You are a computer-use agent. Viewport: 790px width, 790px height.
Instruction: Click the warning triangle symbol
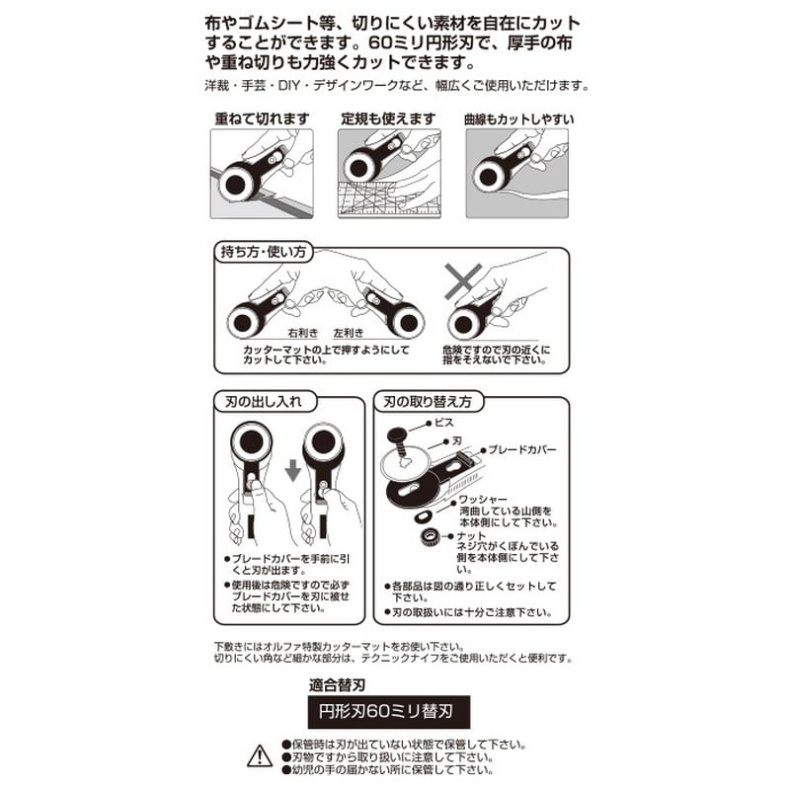260,755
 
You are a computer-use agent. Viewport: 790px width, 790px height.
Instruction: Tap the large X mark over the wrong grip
463,281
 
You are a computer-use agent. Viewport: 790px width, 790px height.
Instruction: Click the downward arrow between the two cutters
292,471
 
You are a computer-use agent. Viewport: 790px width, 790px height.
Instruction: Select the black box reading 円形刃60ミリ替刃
389,711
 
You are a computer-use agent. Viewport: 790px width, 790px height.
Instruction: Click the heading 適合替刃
337,685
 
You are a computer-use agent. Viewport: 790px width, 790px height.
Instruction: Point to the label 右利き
303,333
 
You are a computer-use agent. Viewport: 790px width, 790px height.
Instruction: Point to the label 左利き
349,333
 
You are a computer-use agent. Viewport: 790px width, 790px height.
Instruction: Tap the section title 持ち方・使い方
263,252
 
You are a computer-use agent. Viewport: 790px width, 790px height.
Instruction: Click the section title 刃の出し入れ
263,402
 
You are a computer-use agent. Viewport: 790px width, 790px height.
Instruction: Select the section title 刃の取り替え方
428,402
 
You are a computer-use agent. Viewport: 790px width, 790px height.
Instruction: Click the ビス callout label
443,423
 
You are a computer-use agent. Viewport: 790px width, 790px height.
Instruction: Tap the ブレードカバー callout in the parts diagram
522,450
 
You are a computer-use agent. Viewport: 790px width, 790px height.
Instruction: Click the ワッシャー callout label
483,499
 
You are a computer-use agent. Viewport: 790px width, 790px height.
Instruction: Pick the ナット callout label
471,535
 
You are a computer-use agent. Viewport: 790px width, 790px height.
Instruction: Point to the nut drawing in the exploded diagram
430,536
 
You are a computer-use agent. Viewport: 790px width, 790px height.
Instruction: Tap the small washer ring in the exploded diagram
424,516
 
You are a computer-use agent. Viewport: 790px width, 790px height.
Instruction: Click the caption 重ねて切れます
262,118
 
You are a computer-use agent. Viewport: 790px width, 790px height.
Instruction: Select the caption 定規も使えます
388,118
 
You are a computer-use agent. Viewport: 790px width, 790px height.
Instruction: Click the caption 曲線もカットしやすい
519,119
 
